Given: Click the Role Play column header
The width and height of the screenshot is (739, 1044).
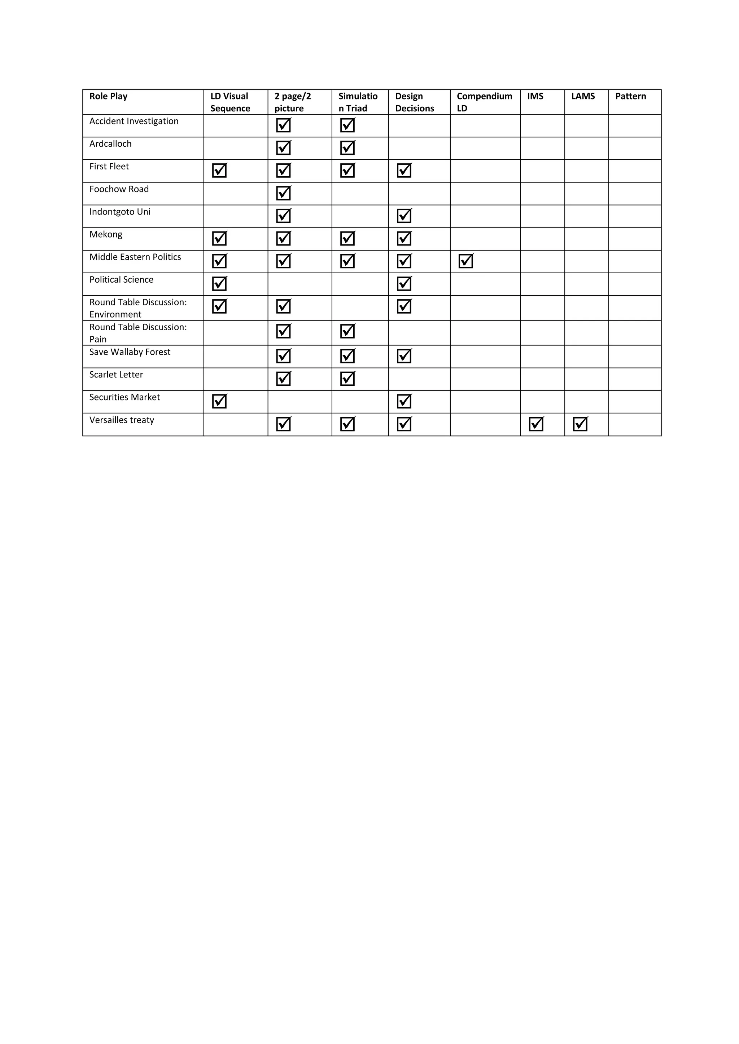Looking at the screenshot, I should pos(108,96).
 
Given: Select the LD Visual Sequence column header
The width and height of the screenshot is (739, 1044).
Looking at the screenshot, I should pos(230,102).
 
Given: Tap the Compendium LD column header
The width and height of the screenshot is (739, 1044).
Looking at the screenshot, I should pos(484,102).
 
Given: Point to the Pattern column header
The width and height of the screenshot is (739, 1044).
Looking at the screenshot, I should pos(630,96).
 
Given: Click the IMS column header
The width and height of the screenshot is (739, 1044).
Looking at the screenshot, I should pos(535,96).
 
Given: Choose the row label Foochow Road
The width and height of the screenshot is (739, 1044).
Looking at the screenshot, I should pos(119,189).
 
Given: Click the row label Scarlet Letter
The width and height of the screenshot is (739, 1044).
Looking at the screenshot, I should pos(116,375).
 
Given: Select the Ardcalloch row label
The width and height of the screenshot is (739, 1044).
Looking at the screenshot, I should pos(110,144).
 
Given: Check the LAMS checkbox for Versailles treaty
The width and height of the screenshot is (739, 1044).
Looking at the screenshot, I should pos(580,424).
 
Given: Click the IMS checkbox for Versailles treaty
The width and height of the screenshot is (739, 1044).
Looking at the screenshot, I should pos(536,424).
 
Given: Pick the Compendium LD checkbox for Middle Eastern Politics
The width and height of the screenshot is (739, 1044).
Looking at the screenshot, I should pos(465,261).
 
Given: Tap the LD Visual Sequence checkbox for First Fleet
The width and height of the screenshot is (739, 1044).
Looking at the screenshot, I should pos(219,171).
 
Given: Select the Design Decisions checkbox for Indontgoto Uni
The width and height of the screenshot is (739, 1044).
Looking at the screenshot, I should pos(404,216).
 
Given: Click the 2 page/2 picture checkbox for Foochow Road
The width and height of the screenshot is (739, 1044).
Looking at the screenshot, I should pos(284,193).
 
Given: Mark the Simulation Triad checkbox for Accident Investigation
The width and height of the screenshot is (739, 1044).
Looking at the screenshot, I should pos(347,125).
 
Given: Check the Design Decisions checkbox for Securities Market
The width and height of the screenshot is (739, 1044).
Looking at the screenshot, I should pos(404,401).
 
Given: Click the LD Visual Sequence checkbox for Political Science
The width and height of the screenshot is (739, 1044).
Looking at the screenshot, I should pos(219,284).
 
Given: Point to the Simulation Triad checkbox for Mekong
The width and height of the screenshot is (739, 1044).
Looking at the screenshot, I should pos(347,238).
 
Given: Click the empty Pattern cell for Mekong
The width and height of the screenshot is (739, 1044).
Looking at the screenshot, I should pos(634,239).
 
